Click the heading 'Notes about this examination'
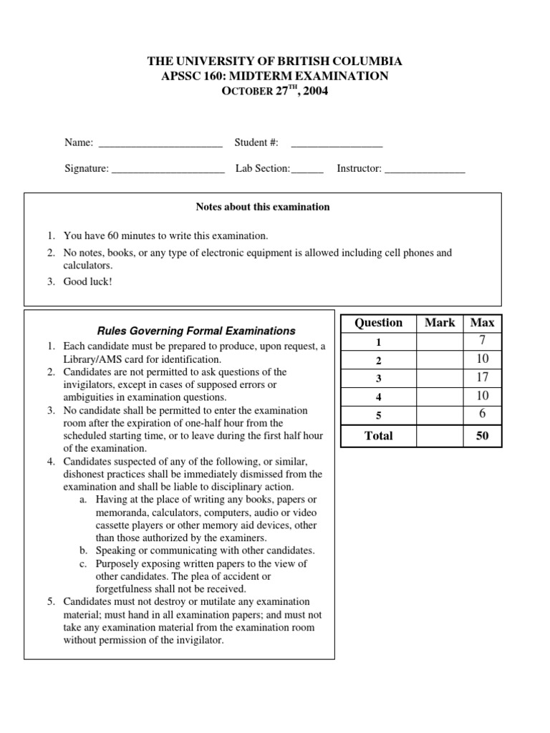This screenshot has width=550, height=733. tap(263, 207)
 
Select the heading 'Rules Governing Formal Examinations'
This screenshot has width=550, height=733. tap(196, 331)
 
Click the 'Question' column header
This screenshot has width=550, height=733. tap(379, 323)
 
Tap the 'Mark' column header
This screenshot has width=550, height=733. tap(440, 323)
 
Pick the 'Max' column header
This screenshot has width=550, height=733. tap(482, 323)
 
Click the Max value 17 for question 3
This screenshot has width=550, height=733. tap(482, 377)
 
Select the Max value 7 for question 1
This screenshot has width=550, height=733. tap(482, 341)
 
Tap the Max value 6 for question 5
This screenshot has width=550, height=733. tap(482, 414)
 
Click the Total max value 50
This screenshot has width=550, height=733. tap(482, 435)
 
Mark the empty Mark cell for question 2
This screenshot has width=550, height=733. tap(440, 359)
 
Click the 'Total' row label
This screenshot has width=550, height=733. tap(379, 435)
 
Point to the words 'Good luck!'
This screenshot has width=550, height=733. tap(88, 281)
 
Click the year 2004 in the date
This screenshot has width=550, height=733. tap(315, 92)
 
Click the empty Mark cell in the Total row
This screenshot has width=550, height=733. tap(440, 435)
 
